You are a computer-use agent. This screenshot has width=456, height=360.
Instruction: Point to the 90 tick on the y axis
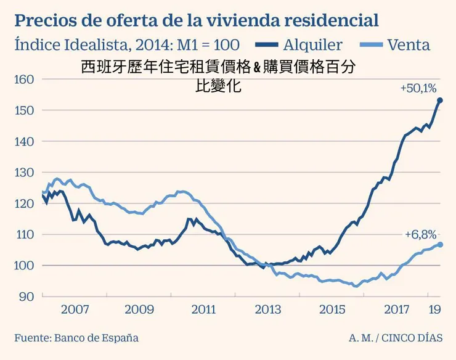click(x=25, y=297)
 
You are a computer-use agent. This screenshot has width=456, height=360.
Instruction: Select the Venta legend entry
click(x=409, y=45)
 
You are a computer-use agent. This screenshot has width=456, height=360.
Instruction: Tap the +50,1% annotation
click(x=417, y=88)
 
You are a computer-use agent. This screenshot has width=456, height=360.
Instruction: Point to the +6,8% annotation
click(x=421, y=234)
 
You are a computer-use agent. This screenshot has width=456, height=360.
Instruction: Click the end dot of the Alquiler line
click(x=440, y=100)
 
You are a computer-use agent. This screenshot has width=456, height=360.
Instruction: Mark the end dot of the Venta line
click(x=440, y=245)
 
